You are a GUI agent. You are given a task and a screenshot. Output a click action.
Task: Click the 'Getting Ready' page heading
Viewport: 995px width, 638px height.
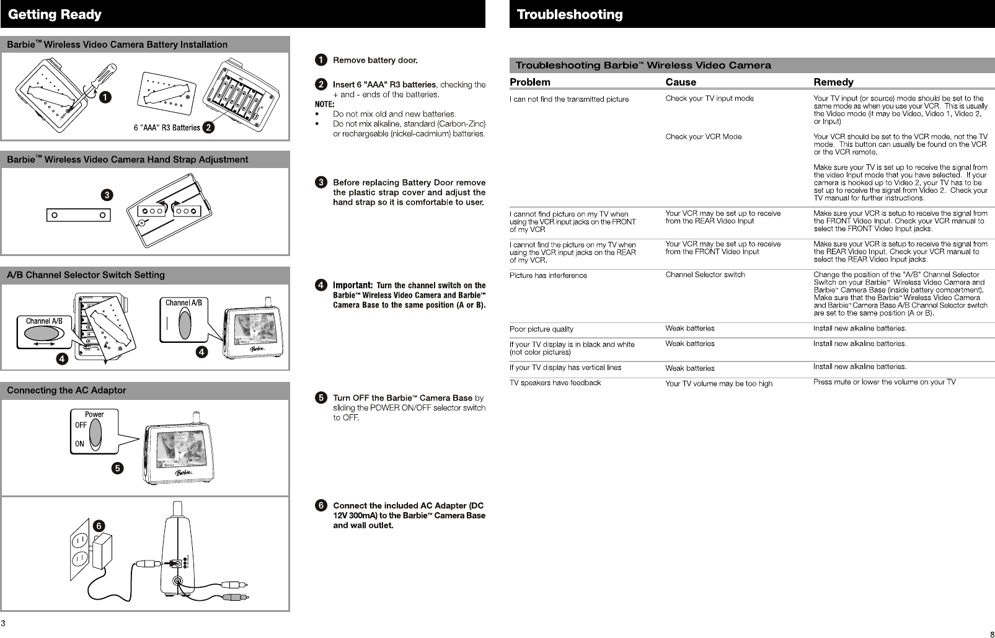tap(55, 14)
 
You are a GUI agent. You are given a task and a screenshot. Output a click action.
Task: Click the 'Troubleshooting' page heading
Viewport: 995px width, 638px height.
tap(570, 14)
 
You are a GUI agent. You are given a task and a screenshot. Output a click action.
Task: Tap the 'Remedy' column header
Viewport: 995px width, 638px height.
tap(833, 82)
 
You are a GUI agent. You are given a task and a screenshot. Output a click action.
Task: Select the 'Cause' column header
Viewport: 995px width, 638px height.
tap(681, 82)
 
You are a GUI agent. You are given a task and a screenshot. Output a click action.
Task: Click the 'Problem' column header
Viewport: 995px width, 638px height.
tap(529, 82)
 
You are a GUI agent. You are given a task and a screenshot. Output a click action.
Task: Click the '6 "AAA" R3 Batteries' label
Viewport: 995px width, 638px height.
tap(167, 128)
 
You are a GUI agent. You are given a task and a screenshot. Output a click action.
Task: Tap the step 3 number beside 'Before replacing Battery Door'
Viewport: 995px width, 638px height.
tap(321, 182)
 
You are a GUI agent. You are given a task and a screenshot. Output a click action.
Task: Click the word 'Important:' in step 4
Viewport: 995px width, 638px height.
tap(352, 285)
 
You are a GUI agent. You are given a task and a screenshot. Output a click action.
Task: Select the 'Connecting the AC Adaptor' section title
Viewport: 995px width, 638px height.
tap(66, 391)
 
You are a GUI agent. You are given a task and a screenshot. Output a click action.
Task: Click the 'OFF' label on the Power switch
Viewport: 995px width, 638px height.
tap(81, 425)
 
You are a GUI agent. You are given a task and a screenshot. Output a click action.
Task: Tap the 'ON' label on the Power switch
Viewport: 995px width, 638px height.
tap(80, 444)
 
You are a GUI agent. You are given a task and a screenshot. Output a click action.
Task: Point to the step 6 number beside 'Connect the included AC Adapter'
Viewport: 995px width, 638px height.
tap(321, 505)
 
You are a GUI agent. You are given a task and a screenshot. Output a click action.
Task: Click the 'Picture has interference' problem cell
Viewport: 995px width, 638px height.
tap(548, 275)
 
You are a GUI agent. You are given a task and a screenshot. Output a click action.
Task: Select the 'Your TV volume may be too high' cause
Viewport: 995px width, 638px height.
tap(719, 384)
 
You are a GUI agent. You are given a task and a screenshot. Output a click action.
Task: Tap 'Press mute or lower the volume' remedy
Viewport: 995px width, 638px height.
tap(884, 382)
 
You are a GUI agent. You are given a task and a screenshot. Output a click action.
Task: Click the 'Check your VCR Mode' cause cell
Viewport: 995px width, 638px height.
tap(703, 136)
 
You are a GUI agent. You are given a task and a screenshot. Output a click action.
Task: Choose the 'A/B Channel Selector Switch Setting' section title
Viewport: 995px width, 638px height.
tap(86, 275)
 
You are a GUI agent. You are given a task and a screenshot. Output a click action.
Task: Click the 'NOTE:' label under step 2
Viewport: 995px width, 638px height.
tap(324, 104)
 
